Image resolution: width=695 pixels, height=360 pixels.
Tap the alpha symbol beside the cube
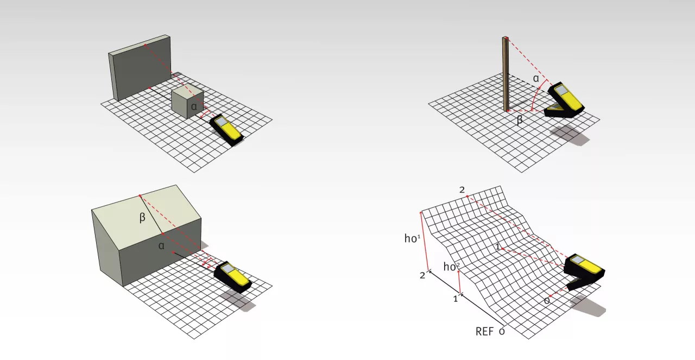[194, 107]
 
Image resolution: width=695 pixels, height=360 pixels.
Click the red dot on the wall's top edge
[145, 45]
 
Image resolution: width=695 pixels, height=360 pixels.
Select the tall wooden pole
[506, 74]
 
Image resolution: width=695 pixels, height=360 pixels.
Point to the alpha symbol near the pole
[536, 79]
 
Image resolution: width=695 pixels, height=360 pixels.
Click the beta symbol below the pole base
[520, 119]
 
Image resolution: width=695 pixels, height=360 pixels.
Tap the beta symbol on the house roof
[142, 218]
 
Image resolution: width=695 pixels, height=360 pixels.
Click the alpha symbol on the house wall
[161, 246]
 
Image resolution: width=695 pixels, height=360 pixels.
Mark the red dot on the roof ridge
[140, 196]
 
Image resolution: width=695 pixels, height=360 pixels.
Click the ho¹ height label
[412, 238]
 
